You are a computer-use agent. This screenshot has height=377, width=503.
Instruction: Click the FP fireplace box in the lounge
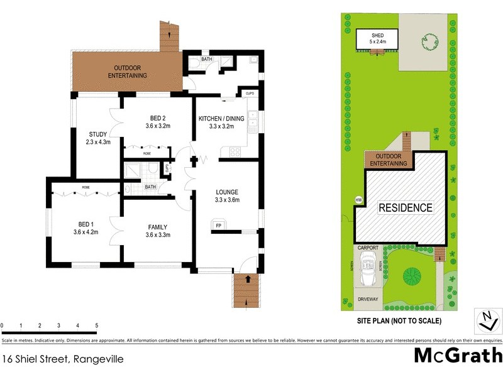[x=218, y=225]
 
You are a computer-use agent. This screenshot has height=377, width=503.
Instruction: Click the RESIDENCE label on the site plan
[x=405, y=208]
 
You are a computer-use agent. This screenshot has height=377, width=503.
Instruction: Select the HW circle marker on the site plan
[x=359, y=200]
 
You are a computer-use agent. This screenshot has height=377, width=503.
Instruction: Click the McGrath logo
[x=457, y=356]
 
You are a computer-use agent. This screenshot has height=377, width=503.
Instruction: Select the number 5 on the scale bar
[x=96, y=325]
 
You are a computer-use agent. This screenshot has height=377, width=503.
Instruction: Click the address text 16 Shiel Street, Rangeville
[x=62, y=359]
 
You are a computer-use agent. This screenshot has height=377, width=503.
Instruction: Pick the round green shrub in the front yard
[x=412, y=275]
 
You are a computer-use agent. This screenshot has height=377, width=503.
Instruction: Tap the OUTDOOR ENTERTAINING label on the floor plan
[x=130, y=72]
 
